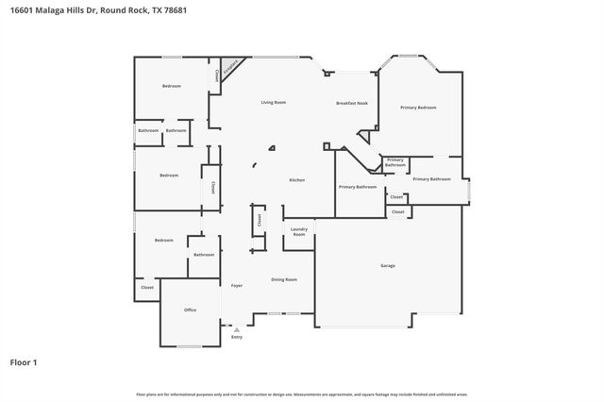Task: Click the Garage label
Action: [387, 266]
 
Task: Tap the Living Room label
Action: [274, 102]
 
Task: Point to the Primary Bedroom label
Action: [418, 108]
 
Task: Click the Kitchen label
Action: [296, 179]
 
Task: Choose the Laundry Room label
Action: [299, 231]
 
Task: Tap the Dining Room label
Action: [284, 279]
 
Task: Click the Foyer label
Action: [237, 285]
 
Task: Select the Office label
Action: [190, 310]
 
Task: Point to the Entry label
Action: [237, 337]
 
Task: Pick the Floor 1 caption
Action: [24, 362]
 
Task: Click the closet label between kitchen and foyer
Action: [258, 221]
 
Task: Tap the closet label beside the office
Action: [147, 287]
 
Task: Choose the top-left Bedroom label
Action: [171, 86]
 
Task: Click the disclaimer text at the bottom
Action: [302, 394]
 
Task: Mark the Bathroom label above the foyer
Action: [204, 255]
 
